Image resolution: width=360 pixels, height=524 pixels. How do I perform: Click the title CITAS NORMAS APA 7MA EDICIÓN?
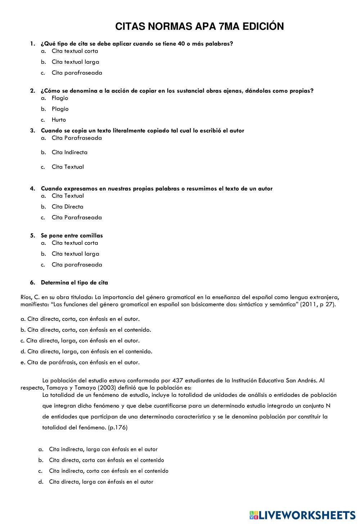[x=199, y=27]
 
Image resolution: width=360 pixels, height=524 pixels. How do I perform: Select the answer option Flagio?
[x=60, y=98]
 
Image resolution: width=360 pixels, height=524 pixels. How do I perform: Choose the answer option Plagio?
[x=60, y=109]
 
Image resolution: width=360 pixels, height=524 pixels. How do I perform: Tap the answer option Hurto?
[x=59, y=120]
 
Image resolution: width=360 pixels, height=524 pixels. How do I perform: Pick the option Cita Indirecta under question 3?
[x=69, y=152]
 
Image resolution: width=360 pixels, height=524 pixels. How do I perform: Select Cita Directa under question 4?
[x=67, y=207]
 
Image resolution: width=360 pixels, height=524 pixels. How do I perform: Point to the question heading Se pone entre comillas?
[x=72, y=236]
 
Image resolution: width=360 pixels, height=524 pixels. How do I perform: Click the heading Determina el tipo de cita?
[x=74, y=283]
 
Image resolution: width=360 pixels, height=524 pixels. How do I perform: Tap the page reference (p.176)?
[x=118, y=427]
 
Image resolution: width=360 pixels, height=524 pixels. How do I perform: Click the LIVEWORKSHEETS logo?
[x=302, y=515]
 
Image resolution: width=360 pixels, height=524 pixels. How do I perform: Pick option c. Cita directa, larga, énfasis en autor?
[x=80, y=340]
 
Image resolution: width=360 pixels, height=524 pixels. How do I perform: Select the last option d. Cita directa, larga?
[x=101, y=482]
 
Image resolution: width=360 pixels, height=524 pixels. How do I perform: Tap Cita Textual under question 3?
[x=68, y=167]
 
